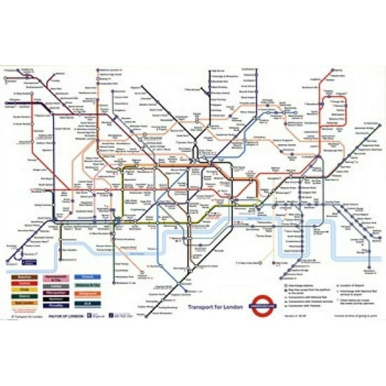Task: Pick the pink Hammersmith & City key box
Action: pos(56,275)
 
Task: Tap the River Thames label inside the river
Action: pos(137,254)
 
